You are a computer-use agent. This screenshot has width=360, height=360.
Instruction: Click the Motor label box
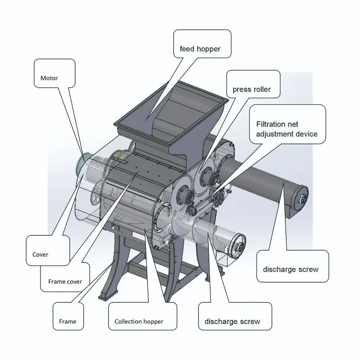click(x=49, y=78)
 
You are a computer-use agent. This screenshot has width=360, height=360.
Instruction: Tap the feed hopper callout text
click(x=200, y=49)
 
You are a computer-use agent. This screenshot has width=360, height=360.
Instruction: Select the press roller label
click(x=252, y=89)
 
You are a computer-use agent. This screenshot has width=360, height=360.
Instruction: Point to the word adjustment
click(x=278, y=134)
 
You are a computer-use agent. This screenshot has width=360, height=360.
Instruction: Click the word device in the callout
click(x=309, y=134)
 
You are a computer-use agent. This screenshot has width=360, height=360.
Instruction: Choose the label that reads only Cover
click(x=40, y=254)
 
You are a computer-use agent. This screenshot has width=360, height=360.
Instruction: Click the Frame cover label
click(x=65, y=282)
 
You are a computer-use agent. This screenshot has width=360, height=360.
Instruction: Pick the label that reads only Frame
click(x=67, y=321)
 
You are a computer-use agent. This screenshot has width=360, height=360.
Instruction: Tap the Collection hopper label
click(x=139, y=321)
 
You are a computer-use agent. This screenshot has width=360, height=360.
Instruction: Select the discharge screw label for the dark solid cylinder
click(x=290, y=269)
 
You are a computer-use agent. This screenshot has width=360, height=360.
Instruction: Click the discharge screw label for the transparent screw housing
click(x=232, y=321)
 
